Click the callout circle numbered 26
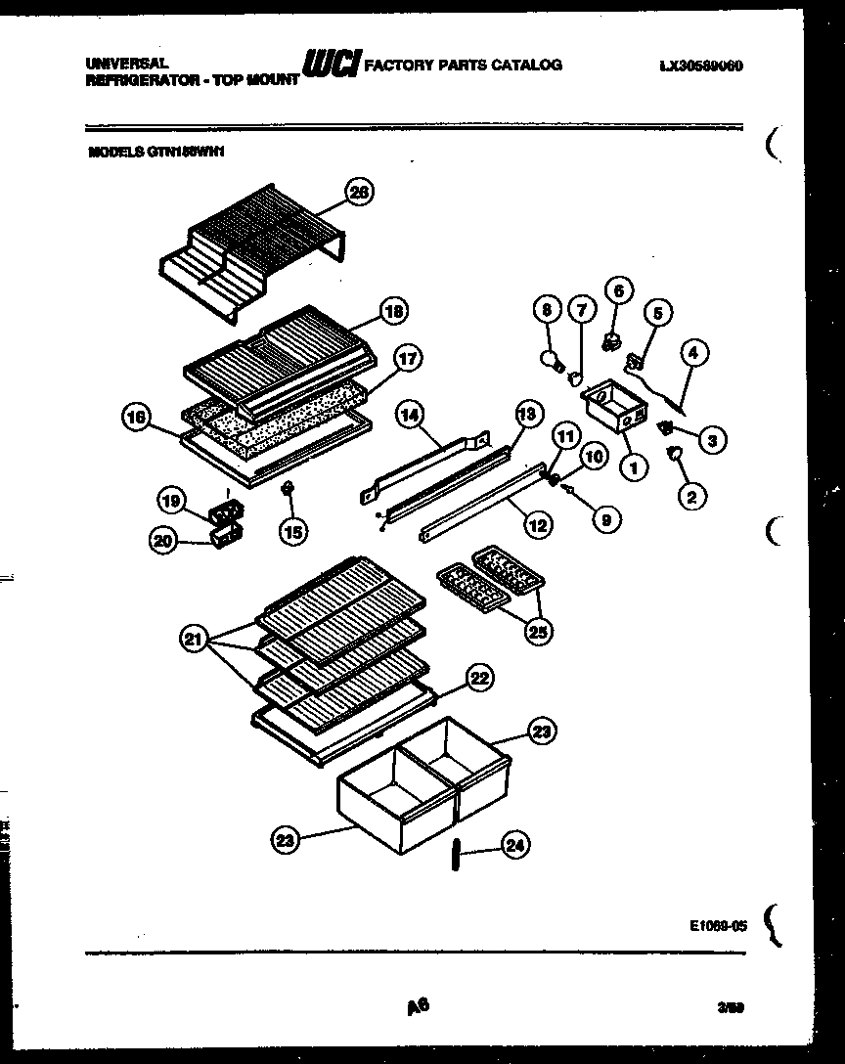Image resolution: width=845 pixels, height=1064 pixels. click(x=359, y=193)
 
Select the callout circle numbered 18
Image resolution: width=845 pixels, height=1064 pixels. click(x=393, y=312)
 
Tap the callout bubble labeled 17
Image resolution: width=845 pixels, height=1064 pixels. click(x=408, y=359)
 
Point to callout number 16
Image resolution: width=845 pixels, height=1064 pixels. click(x=138, y=418)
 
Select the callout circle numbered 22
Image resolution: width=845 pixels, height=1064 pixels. click(x=479, y=678)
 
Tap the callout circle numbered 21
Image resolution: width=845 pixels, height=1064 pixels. click(x=194, y=641)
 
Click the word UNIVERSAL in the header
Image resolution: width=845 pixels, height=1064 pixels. click(x=119, y=62)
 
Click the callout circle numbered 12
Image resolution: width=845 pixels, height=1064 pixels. click(x=537, y=524)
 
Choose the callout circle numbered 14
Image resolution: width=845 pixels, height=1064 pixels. click(x=409, y=416)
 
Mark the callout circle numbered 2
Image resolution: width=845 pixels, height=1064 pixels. click(x=691, y=496)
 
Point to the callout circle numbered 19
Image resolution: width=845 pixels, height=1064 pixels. click(x=172, y=502)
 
